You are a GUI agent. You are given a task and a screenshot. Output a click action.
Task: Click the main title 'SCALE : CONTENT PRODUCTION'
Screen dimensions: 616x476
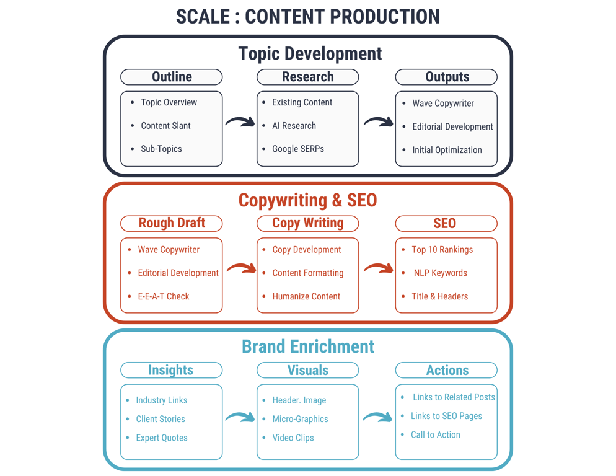click(307, 17)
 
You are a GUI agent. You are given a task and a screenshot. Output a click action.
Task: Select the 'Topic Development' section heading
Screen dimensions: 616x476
click(310, 53)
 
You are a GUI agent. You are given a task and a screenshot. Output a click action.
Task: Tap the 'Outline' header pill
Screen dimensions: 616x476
click(172, 77)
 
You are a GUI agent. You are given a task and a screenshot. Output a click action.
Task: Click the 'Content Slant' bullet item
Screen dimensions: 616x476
click(165, 125)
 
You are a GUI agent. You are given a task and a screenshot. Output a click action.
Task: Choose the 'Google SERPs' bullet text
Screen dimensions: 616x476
click(298, 149)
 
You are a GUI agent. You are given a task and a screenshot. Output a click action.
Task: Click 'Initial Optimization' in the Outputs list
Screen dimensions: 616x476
click(447, 150)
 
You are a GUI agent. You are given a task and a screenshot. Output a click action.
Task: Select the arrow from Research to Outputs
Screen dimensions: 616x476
click(378, 121)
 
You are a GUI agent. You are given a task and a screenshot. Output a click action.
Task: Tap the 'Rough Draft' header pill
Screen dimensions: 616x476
click(172, 223)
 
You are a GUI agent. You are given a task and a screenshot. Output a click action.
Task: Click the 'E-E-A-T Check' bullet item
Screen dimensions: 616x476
click(164, 296)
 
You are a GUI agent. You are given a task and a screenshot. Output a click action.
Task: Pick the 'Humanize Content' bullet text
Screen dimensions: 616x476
click(306, 296)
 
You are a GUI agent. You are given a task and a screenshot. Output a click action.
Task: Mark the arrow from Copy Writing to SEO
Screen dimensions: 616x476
click(378, 268)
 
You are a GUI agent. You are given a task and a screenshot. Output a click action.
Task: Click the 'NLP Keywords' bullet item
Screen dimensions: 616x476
click(440, 273)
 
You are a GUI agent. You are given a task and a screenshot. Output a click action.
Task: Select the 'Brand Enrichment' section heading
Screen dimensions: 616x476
click(308, 346)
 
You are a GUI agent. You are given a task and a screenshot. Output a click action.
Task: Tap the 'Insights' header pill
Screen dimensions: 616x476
click(172, 370)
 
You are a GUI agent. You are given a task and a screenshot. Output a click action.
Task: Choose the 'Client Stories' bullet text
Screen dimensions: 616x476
click(161, 418)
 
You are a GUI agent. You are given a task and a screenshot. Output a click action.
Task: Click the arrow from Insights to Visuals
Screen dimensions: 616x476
click(240, 417)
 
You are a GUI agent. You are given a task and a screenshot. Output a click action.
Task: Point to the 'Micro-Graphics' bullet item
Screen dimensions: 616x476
click(300, 418)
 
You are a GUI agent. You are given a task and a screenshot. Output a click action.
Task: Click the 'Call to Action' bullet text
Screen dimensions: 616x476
click(435, 434)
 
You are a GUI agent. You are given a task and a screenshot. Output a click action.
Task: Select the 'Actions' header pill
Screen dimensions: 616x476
click(446, 370)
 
